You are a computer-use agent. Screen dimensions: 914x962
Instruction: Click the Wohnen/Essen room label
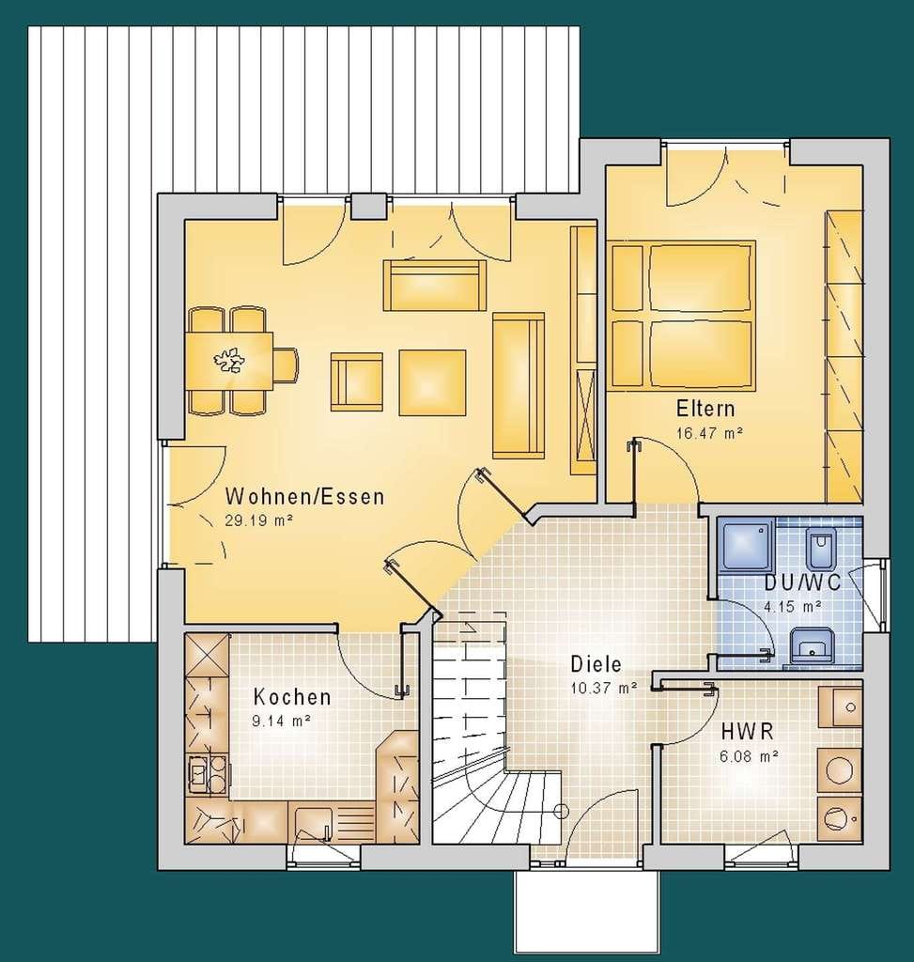click(305, 496)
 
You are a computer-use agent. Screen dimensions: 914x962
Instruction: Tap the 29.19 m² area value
click(258, 521)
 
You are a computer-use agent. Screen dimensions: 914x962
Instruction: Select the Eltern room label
click(705, 408)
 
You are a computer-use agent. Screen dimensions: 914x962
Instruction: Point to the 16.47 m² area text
click(709, 433)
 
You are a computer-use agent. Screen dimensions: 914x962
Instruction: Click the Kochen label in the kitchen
click(292, 697)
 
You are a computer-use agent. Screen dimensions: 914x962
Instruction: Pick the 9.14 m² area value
click(281, 721)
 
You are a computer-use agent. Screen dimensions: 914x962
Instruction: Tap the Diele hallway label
click(596, 664)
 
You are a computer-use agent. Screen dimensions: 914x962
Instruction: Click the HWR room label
click(747, 731)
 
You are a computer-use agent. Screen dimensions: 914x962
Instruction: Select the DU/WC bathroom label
click(802, 582)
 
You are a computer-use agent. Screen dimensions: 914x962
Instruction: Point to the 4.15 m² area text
click(792, 607)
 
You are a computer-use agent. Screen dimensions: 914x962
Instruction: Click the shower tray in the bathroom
click(747, 545)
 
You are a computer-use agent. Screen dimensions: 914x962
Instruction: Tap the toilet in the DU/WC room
click(820, 549)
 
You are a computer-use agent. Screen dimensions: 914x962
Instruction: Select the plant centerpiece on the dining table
click(229, 360)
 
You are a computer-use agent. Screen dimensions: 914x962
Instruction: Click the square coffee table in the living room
click(432, 383)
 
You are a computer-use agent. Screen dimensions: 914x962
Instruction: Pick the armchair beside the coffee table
click(356, 381)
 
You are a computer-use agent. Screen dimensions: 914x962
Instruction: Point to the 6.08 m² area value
click(749, 756)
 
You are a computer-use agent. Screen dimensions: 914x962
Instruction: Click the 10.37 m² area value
click(603, 688)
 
